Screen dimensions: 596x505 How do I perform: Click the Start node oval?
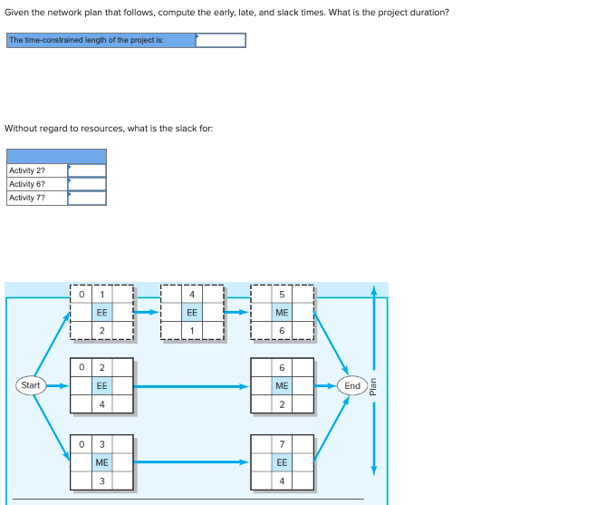(31, 385)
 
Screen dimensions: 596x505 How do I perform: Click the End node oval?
(352, 385)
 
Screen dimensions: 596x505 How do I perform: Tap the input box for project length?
(220, 40)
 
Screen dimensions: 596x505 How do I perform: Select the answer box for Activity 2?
(87, 170)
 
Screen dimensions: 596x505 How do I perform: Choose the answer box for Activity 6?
(87, 184)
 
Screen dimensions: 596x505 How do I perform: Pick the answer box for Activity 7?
(87, 198)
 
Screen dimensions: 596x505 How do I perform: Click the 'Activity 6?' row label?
(27, 184)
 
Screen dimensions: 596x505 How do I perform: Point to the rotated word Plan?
(373, 386)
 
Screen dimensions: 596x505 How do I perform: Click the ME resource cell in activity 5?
(282, 313)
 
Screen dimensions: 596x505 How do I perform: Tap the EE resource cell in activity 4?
(192, 313)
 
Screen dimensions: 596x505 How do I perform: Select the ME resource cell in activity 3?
(101, 462)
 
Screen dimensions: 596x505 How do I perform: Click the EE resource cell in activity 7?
(282, 462)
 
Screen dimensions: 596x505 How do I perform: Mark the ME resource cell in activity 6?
(282, 385)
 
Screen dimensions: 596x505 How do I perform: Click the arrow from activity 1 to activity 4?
(147, 312)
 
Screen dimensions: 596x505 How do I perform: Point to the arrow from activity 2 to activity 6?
(192, 386)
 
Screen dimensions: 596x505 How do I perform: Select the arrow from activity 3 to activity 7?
(192, 462)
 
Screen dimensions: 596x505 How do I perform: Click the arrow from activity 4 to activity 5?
(236, 312)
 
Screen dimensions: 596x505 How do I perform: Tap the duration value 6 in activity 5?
(282, 330)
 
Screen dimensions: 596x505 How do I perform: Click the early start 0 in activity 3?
(82, 444)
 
